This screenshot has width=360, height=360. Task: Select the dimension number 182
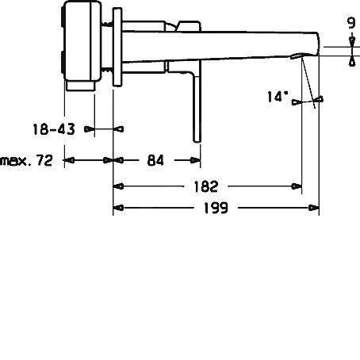click(205, 187)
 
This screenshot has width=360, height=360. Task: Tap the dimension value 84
click(155, 160)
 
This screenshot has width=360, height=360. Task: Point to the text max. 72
click(26, 160)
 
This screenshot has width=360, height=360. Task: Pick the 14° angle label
click(278, 97)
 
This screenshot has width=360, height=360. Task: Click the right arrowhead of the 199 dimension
click(314, 209)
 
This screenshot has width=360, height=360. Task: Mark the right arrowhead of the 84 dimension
click(195, 160)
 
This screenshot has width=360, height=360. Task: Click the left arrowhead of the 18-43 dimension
click(90, 127)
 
